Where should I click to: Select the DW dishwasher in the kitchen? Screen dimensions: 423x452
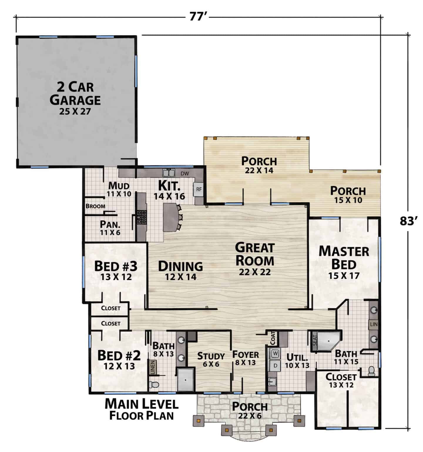pyautogui.click(x=185, y=174)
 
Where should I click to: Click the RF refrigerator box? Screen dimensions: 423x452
pyautogui.click(x=199, y=189)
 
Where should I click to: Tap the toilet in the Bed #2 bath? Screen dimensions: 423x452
pyautogui.click(x=153, y=384)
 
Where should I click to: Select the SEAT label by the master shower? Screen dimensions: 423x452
pyautogui.click(x=315, y=341)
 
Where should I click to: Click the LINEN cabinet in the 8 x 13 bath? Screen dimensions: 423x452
pyautogui.click(x=153, y=367)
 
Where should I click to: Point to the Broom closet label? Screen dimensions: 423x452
pyautogui.click(x=95, y=206)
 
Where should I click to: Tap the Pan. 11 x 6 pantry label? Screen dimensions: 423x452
pyautogui.click(x=110, y=228)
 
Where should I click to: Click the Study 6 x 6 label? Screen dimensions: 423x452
pyautogui.click(x=211, y=360)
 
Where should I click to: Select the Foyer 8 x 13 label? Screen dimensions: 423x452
pyautogui.click(x=246, y=358)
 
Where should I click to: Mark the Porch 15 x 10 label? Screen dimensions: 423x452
pyautogui.click(x=348, y=195)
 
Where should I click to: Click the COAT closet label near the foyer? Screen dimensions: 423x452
pyautogui.click(x=273, y=338)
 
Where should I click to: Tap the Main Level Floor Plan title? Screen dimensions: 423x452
pyautogui.click(x=142, y=409)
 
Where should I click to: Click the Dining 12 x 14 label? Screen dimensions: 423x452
pyautogui.click(x=180, y=270)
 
